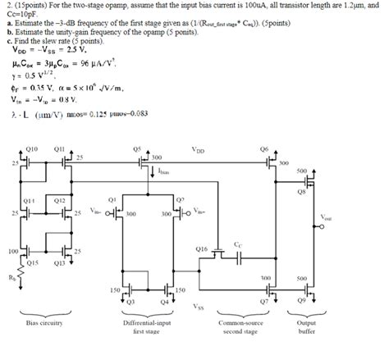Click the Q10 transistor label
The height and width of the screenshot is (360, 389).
[x=32, y=148]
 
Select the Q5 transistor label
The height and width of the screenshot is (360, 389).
[x=136, y=148]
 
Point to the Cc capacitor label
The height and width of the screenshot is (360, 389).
[x=238, y=244]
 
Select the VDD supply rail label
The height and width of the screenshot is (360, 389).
[x=199, y=151]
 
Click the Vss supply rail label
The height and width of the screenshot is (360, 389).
[x=199, y=307]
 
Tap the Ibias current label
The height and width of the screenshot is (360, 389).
[x=164, y=174]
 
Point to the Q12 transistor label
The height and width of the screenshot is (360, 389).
[x=59, y=199]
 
